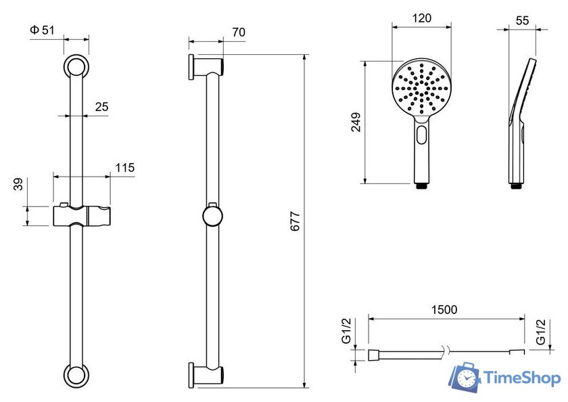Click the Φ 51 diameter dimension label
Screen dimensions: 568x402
click(42, 30)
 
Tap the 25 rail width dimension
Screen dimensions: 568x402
click(102, 106)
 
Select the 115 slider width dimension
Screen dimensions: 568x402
click(125, 167)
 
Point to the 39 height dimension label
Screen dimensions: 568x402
click(18, 184)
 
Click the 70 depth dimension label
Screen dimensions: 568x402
click(239, 32)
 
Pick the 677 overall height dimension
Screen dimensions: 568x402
click(295, 221)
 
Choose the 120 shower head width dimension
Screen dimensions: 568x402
click(422, 18)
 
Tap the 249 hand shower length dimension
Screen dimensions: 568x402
click(356, 122)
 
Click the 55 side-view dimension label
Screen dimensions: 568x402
click(522, 21)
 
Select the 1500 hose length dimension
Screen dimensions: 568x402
click(444, 309)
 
